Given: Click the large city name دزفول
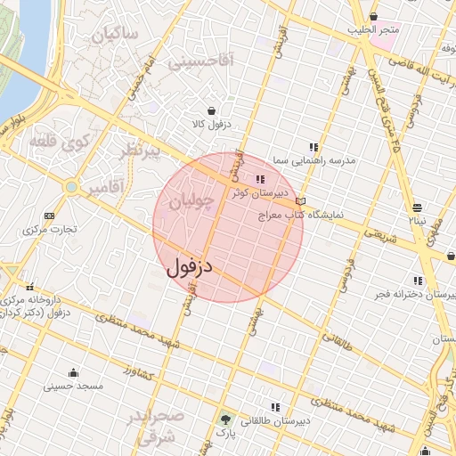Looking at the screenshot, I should point(191,266).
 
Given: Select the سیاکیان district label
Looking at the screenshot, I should point(116,36).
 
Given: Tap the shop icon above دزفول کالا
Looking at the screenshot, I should point(211,110).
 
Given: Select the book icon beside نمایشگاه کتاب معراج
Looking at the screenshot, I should point(301,202).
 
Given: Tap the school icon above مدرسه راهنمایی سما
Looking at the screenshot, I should point(313,147).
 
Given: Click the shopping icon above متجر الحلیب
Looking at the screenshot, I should point(373,16).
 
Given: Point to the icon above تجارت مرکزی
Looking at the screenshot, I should point(48,216).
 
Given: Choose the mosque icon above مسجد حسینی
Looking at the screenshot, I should point(73,372).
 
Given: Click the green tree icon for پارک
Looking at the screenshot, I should point(224,418).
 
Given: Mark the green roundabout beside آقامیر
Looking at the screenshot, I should point(70,187).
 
